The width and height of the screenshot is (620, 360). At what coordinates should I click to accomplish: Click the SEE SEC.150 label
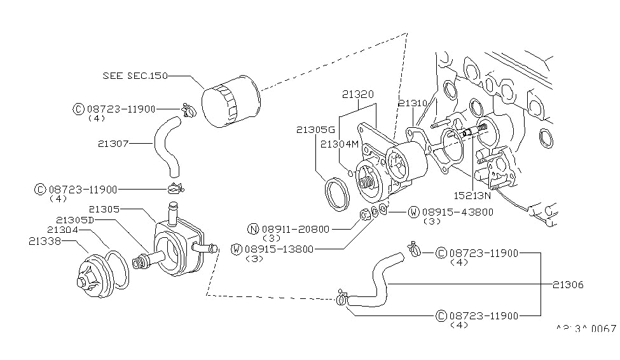click(x=135, y=76)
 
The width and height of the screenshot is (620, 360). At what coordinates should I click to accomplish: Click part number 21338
click(x=45, y=241)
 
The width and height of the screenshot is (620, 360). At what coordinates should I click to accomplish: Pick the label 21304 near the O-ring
click(x=62, y=230)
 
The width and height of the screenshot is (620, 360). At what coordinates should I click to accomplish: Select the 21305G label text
click(x=312, y=130)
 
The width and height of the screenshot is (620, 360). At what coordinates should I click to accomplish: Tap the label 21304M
click(x=340, y=144)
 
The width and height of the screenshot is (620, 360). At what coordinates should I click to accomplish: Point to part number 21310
click(x=413, y=102)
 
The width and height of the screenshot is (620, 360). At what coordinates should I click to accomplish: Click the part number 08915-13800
click(x=279, y=249)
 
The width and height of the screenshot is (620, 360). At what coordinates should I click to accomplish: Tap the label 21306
click(x=568, y=285)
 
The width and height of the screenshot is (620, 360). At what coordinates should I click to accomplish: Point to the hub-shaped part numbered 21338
click(x=93, y=275)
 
